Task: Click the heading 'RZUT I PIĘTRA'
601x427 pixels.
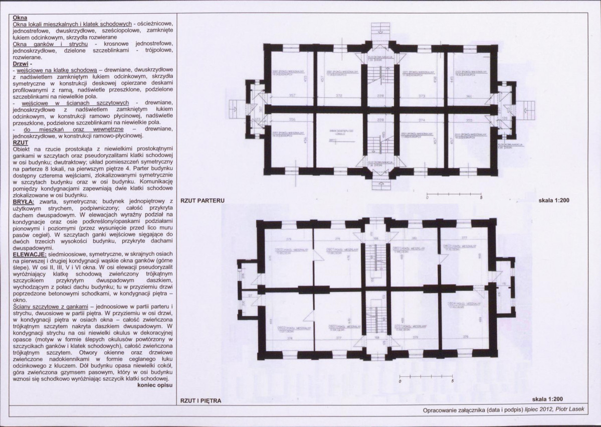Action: click(201, 401)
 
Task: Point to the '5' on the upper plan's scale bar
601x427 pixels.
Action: click(481, 212)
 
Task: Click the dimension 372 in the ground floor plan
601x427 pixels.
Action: click(339, 95)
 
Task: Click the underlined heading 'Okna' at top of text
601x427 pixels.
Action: click(20, 17)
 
